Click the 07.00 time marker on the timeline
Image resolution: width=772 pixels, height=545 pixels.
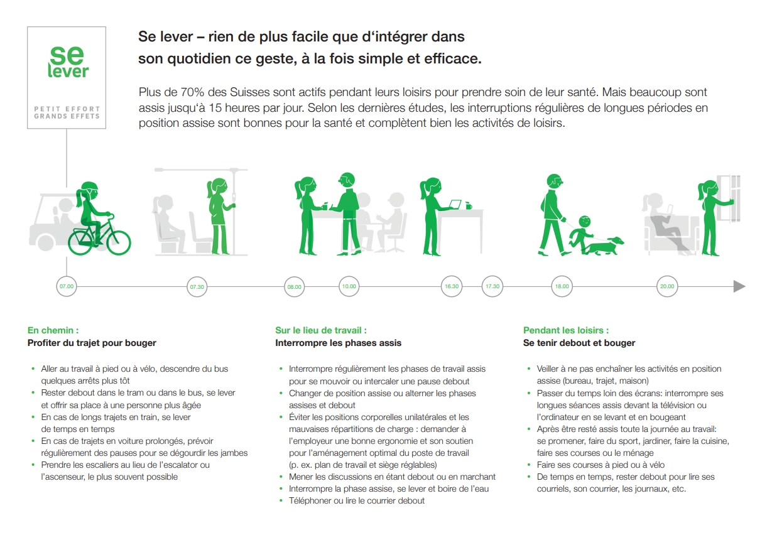(x=67, y=286)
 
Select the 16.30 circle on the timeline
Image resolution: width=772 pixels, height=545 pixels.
(x=452, y=286)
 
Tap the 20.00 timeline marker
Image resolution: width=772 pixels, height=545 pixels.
(x=667, y=286)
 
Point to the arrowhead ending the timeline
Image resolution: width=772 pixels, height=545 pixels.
(x=739, y=286)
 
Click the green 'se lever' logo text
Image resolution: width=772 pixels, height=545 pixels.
(x=68, y=62)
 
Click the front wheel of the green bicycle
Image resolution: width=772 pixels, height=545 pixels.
(x=119, y=242)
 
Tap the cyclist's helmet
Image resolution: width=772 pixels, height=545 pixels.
(x=89, y=188)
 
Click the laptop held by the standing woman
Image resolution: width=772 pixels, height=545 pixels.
(x=455, y=204)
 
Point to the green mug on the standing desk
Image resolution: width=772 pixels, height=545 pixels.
(x=469, y=206)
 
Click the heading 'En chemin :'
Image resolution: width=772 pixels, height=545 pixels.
(x=53, y=330)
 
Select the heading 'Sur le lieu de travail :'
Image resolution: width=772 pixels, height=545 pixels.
(x=321, y=330)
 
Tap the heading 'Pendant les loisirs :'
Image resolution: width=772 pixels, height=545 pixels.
(x=566, y=330)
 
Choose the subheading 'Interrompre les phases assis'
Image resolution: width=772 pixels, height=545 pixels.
(x=338, y=343)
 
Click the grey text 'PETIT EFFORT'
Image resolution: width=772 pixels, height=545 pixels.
(x=67, y=109)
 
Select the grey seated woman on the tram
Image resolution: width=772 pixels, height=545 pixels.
(x=168, y=224)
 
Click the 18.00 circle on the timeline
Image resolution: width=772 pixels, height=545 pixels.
(x=562, y=286)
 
